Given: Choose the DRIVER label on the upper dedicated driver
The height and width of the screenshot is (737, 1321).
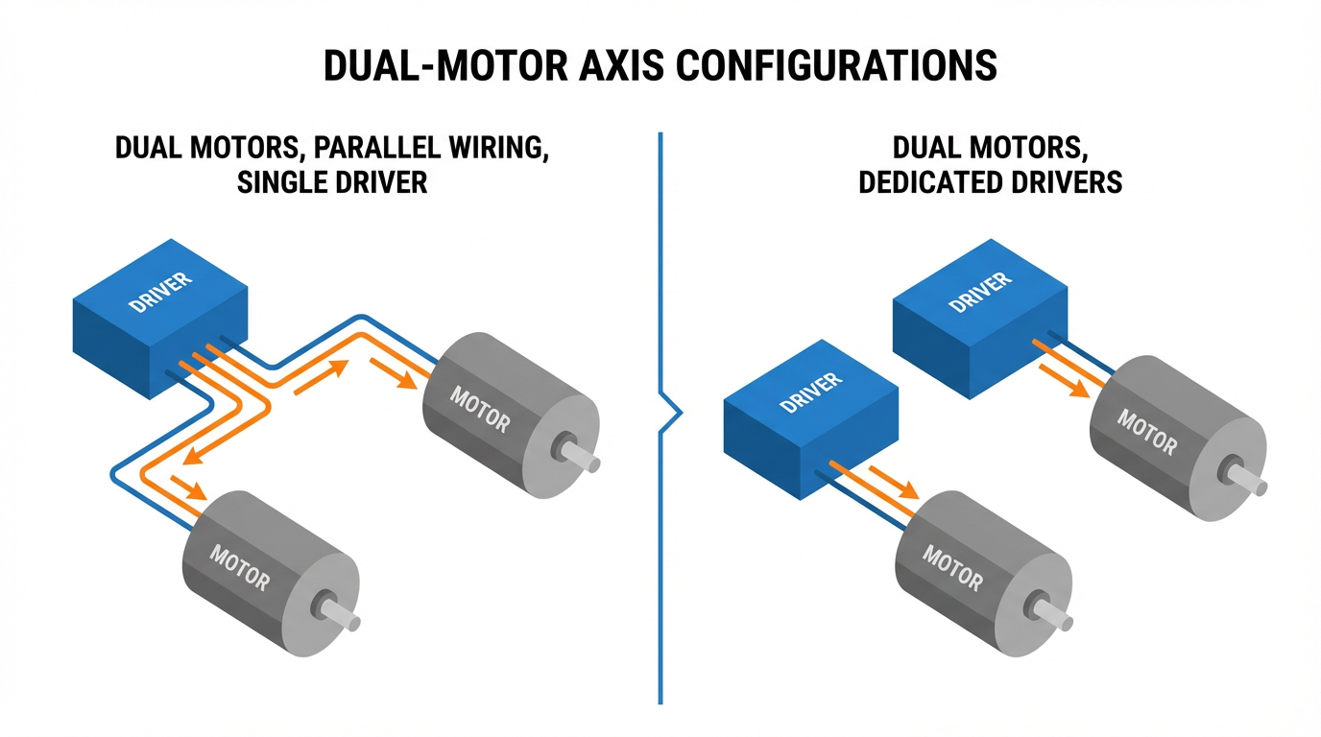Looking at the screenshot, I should click(980, 293).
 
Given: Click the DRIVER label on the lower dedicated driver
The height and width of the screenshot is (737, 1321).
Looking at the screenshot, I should click(811, 392).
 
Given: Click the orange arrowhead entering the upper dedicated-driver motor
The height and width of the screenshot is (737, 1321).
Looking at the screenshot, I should click(1078, 389).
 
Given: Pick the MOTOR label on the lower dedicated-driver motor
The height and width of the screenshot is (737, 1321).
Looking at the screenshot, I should click(952, 568).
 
